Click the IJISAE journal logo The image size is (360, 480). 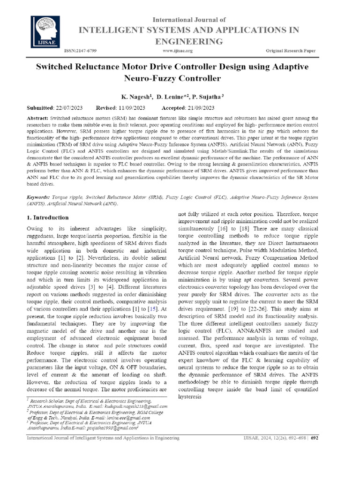click(x=47, y=31)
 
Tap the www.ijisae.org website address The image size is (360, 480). click(x=177, y=50)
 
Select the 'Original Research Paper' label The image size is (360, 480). click(x=292, y=50)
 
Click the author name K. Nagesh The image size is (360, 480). click(x=136, y=96)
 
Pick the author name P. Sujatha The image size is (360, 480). click(x=207, y=96)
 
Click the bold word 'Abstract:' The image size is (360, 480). click(x=37, y=119)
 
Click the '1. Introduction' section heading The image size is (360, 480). click(x=47, y=217)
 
